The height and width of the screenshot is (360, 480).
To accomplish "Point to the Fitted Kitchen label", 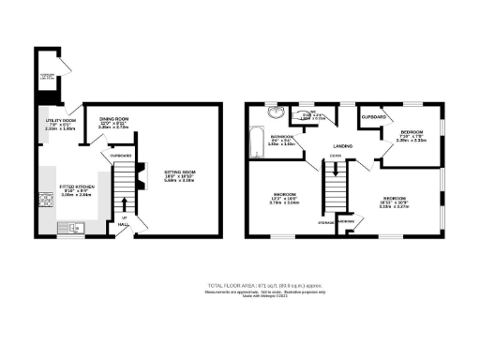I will [62, 190].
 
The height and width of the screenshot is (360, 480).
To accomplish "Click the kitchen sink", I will [73, 226].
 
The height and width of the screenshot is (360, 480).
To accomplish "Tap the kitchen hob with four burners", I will [45, 200].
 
